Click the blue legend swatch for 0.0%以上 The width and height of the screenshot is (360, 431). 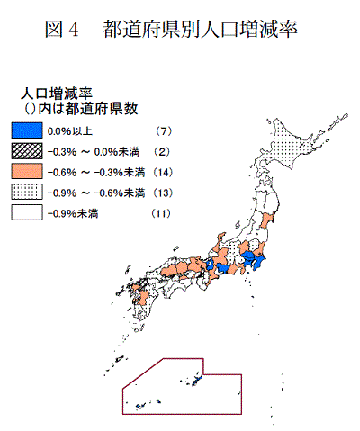tap(22, 130)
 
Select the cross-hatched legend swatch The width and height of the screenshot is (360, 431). tap(22, 151)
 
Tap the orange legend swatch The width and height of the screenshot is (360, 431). tap(22, 171)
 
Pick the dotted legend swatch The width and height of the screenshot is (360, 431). tap(22, 192)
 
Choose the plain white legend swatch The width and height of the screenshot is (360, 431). tap(22, 212)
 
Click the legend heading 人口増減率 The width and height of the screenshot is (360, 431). tap(57, 93)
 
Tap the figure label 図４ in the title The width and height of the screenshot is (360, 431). tap(62, 29)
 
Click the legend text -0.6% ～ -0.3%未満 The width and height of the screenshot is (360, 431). tap(91, 171)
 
